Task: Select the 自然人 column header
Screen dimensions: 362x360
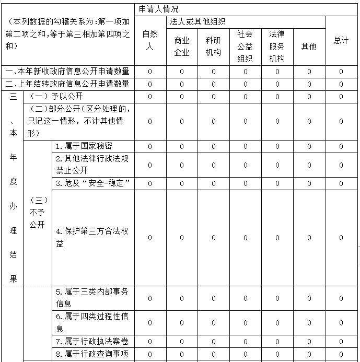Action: [x=150, y=40]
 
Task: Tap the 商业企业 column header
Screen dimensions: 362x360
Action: [x=182, y=46]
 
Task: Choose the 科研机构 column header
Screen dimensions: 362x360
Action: [x=213, y=46]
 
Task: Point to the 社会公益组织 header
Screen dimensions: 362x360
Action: [x=245, y=46]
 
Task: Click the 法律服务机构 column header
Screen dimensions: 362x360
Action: [x=277, y=46]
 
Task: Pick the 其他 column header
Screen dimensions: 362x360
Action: [x=309, y=46]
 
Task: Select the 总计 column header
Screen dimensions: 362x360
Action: [x=341, y=40]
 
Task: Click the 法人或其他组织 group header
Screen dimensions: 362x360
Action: [x=198, y=22]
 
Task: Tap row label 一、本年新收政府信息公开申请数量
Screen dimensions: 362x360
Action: [x=67, y=72]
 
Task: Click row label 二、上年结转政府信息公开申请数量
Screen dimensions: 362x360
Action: [x=67, y=84]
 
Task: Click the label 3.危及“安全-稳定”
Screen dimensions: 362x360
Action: [x=92, y=183]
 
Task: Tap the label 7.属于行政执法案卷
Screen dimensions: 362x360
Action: [x=92, y=342]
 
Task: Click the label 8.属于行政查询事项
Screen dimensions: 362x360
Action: [x=92, y=354]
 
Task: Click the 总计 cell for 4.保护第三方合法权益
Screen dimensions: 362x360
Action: [x=341, y=238]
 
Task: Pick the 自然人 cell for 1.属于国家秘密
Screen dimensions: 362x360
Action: [x=150, y=146]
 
